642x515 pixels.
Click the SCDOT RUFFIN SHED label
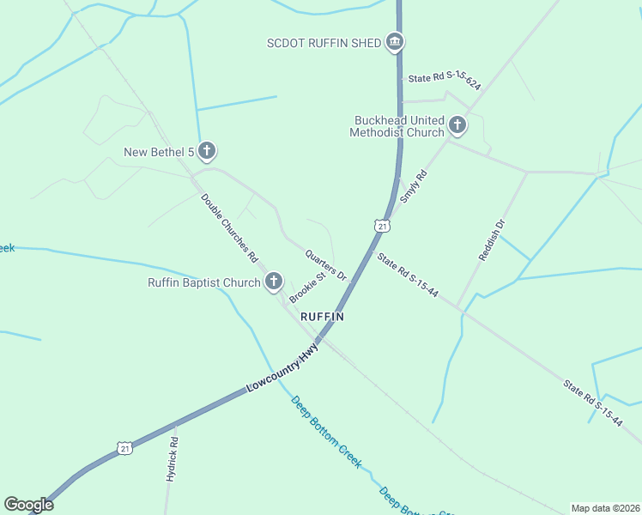tap(324, 43)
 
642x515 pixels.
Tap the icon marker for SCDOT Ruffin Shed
tap(395, 41)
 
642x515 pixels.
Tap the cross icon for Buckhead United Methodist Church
tap(457, 126)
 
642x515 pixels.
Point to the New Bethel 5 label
tap(159, 153)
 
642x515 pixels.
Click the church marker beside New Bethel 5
tap(206, 152)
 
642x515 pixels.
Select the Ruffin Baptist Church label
tap(203, 282)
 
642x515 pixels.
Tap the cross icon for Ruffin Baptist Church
tap(274, 281)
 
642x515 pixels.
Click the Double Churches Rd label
tap(230, 227)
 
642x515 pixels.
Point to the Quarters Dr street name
tap(325, 264)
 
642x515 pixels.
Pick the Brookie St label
tap(308, 288)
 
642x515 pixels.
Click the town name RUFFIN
tap(323, 317)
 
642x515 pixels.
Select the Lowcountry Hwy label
tap(282, 369)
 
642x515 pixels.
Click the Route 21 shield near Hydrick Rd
tap(125, 448)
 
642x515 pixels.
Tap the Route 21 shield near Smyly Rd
tap(382, 226)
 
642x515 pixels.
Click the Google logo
tap(28, 505)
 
